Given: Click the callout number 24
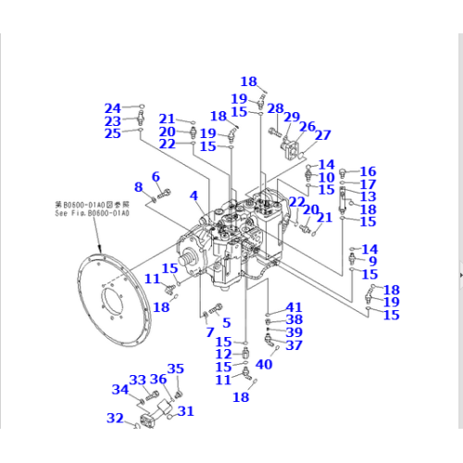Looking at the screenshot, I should coord(112,107).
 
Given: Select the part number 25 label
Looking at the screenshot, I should coord(112,134).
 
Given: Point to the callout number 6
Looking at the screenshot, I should coord(156,176).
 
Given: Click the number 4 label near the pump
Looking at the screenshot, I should coord(194,195).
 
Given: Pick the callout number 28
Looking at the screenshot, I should coord(274,108).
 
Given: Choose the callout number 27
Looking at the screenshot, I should coord(322,135).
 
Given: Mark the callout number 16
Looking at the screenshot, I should coord(369,171).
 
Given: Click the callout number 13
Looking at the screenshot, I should coord(369,196).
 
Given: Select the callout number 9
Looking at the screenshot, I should coord(372,262).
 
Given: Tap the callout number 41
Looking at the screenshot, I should coord(294,307).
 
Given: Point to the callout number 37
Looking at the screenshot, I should coord(294,345).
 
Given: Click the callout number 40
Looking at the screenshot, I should coord(263,364).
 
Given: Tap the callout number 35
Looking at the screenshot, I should coord(175,369).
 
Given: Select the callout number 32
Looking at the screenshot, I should coord(115,419).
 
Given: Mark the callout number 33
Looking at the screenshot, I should coord(138,381).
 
